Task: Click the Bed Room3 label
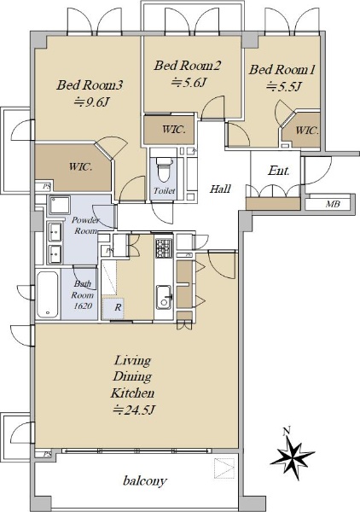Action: coord(90,85)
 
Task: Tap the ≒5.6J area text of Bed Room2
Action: coord(189,83)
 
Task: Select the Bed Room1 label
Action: coord(282,70)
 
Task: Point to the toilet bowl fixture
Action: coord(165,169)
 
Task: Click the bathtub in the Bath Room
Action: coord(48,294)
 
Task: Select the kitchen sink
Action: coord(164,297)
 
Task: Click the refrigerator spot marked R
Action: coord(113,308)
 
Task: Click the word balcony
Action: coord(145,480)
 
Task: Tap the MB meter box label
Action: coord(333,204)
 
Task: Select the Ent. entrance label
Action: coord(278,171)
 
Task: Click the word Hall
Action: coord(220,189)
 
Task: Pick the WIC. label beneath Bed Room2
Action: coord(174,130)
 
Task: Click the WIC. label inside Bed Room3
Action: coord(80,167)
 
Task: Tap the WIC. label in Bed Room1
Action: coord(307,131)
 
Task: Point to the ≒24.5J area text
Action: coord(133,410)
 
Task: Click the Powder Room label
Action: coord(85,225)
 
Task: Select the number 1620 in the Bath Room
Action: coord(83,306)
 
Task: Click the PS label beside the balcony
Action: coord(47,454)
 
